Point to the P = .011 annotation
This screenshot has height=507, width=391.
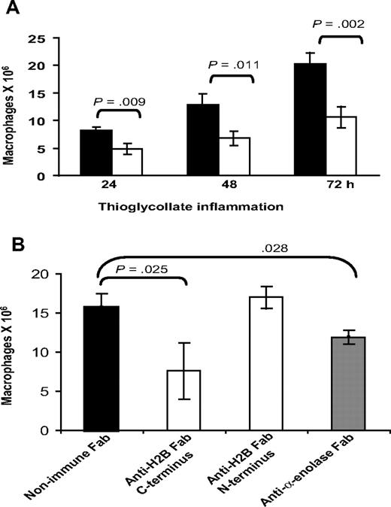point(233,65)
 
